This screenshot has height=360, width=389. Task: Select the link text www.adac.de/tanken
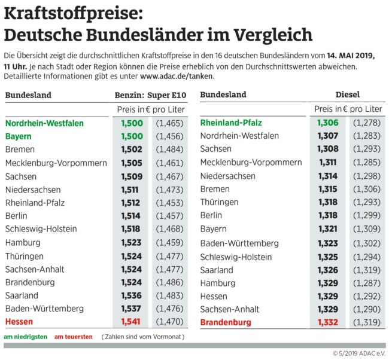[177, 77]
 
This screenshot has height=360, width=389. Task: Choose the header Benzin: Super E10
[150, 95]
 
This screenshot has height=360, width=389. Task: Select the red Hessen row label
[19, 322]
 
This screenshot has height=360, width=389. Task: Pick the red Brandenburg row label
[227, 322]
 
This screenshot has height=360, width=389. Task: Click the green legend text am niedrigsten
[25, 337]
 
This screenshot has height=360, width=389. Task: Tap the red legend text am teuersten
[74, 337]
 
